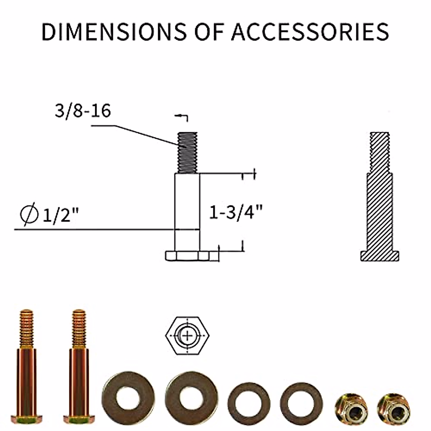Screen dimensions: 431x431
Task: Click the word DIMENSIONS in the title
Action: [114, 31]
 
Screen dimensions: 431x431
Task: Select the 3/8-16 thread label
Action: [83, 111]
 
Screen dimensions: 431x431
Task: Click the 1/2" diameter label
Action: [60, 216]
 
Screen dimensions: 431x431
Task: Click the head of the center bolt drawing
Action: [187, 256]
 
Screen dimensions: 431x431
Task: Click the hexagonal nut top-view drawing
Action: [187, 336]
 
